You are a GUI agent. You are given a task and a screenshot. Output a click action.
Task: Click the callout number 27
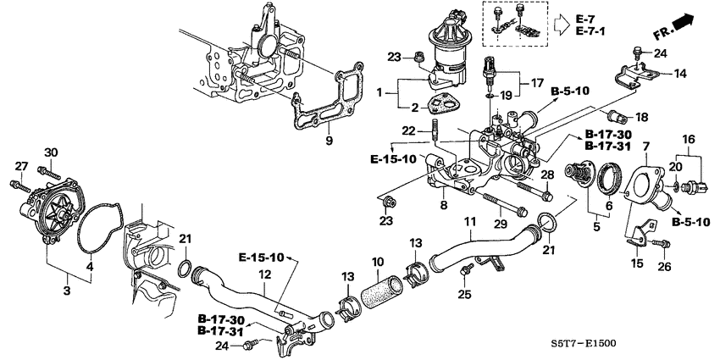(21, 165)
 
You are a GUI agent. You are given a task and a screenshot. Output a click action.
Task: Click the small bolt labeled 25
(464, 270)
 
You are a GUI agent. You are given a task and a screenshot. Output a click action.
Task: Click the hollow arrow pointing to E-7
(560, 25)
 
